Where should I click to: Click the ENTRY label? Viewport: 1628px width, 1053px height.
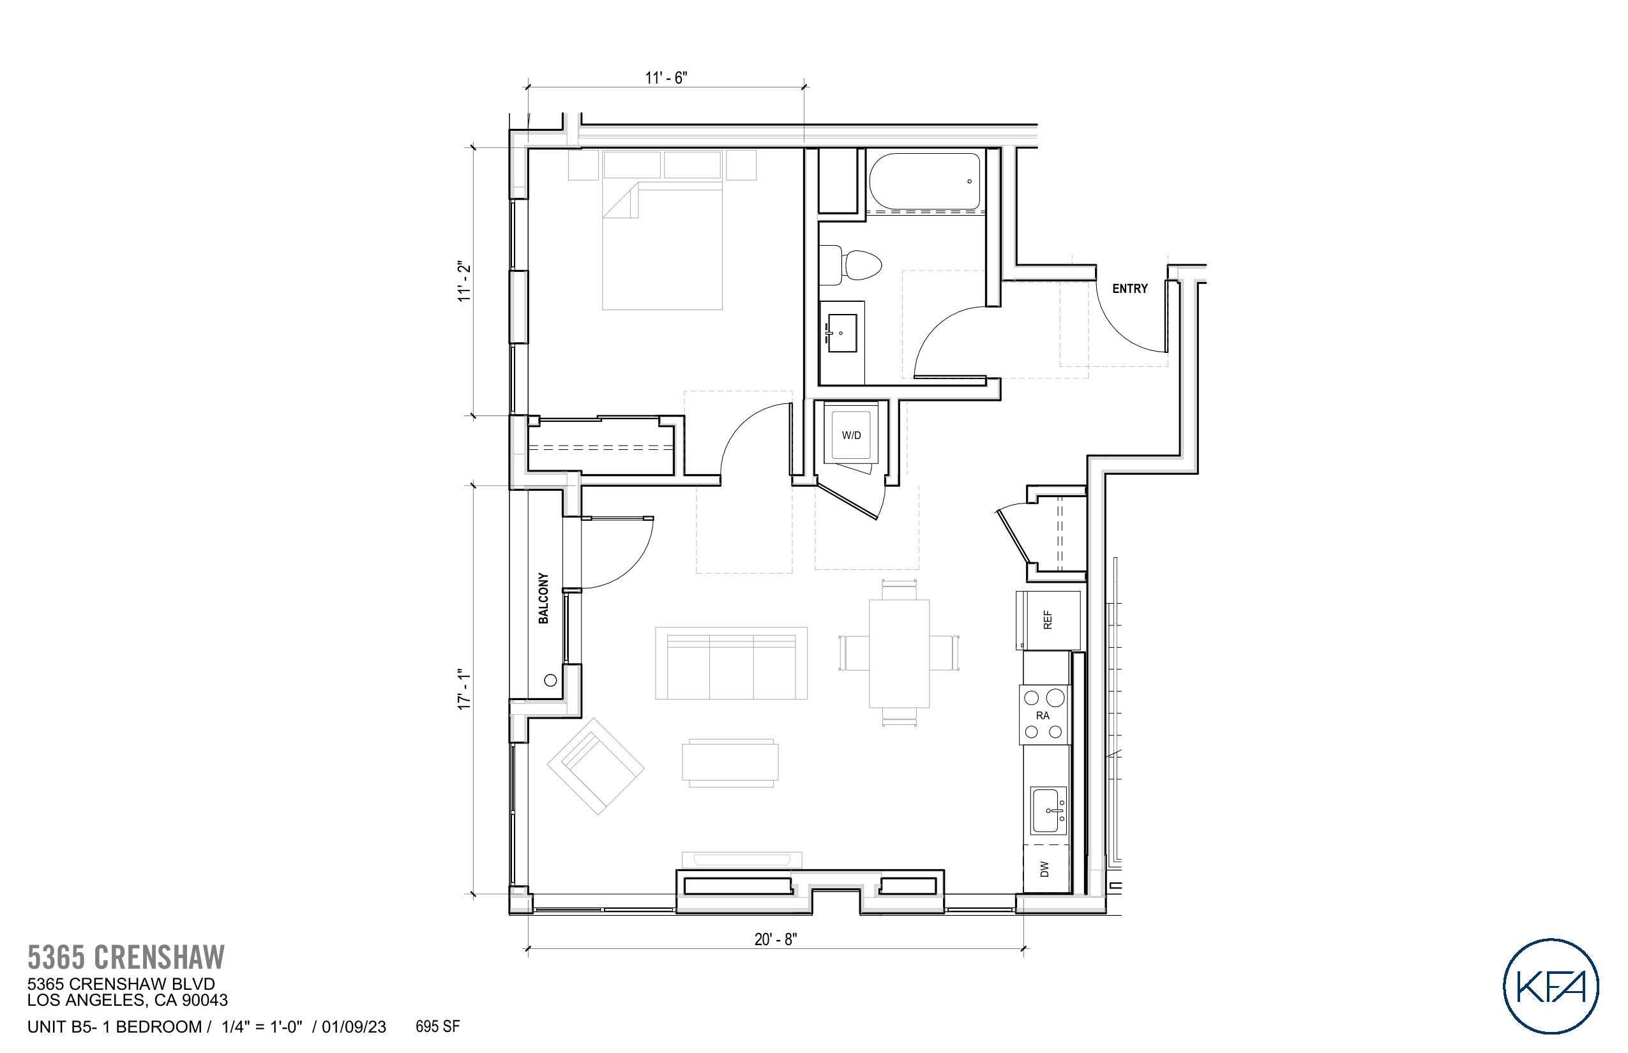[x=1129, y=288]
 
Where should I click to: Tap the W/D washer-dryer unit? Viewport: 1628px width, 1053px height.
[x=850, y=435]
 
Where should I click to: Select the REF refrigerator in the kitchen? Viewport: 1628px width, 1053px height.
[x=1047, y=620]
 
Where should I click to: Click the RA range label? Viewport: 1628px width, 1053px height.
[x=1043, y=715]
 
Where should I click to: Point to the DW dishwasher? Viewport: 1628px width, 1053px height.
[x=1044, y=869]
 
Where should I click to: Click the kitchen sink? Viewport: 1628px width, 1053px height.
[x=1047, y=810]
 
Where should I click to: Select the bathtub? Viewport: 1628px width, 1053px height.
[x=924, y=181]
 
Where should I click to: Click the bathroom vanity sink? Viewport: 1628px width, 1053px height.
[x=842, y=333]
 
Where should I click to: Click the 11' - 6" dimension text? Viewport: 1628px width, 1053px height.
[x=665, y=78]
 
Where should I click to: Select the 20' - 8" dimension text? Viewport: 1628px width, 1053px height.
[x=775, y=939]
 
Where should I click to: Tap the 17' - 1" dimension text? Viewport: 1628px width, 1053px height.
[x=465, y=689]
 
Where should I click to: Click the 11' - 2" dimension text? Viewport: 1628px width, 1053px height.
[x=465, y=281]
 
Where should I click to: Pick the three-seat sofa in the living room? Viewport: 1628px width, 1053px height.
[x=730, y=663]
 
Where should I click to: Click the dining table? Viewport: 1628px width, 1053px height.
[x=899, y=653]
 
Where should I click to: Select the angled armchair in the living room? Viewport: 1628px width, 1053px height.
[x=595, y=766]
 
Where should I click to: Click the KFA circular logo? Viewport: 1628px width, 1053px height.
[x=1550, y=986]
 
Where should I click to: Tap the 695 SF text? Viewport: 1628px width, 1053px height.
[x=437, y=1026]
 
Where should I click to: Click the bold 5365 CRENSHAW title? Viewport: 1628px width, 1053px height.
[x=126, y=957]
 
